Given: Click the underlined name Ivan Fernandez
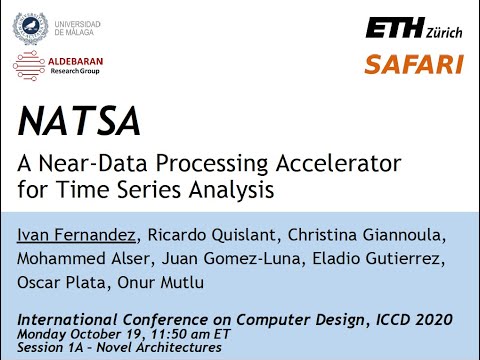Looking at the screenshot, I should click(x=79, y=235).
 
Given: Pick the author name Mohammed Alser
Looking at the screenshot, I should click(x=77, y=259).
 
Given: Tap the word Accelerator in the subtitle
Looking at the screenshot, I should click(x=335, y=161).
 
